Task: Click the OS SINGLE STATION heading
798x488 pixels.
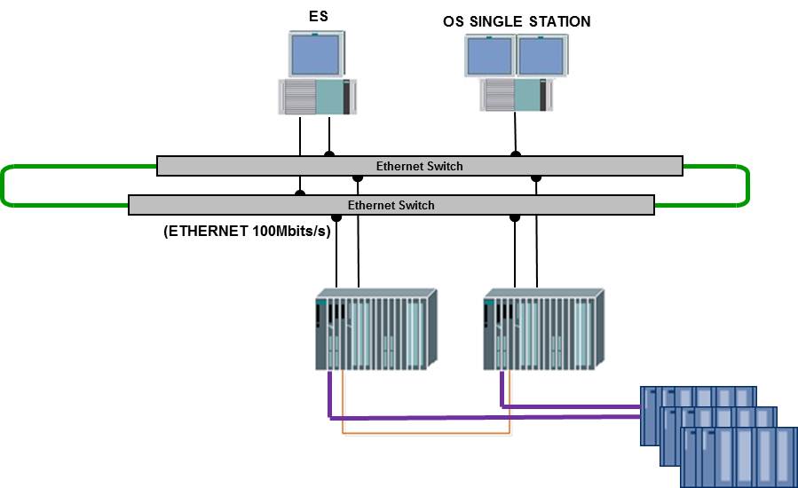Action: click(x=517, y=20)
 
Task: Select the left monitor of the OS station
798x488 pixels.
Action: click(x=491, y=56)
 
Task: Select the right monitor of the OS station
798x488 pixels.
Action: click(x=542, y=56)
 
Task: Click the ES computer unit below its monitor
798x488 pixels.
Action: click(x=319, y=97)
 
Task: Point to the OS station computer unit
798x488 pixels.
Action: click(x=516, y=94)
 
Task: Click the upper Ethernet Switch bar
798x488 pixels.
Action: click(x=419, y=166)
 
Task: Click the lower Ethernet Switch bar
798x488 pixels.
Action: click(x=391, y=205)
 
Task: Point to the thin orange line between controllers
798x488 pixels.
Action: click(x=426, y=434)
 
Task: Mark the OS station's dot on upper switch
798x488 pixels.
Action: click(x=515, y=155)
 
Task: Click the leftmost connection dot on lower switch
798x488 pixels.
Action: click(x=300, y=193)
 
